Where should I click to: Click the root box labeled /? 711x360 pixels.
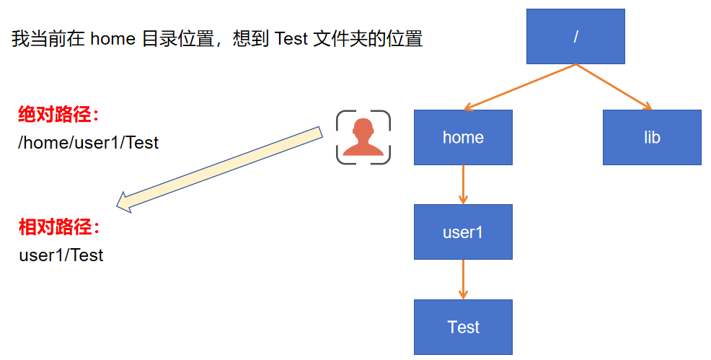575,36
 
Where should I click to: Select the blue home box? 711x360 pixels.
463,137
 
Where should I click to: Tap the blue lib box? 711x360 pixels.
652,137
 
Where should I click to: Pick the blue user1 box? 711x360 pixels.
463,232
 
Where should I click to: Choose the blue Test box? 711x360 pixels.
463,327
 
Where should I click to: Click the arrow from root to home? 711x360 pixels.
520,87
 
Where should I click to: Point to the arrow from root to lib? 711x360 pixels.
613,87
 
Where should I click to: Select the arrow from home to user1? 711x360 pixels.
463,185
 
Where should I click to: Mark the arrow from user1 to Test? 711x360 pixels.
463,279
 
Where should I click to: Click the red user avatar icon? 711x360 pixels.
363,137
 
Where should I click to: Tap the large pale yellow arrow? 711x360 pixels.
220,169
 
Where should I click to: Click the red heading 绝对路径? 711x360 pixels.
58,115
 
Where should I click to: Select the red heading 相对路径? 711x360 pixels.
58,228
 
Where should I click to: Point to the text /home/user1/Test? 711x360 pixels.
88,142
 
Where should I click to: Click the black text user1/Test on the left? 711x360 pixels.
61,255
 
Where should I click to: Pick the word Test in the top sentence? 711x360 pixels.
291,39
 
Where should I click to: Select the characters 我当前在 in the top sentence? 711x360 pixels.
48,39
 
